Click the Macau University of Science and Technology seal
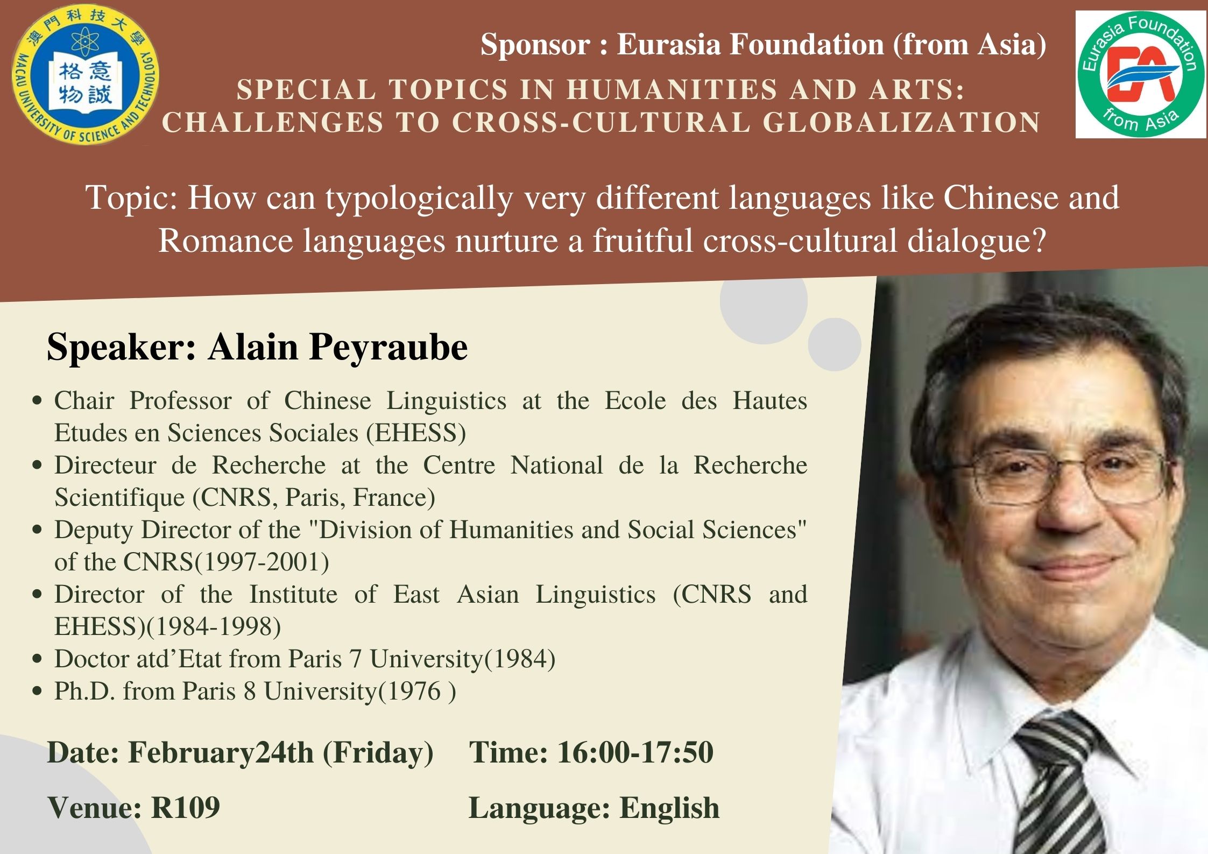point(86,74)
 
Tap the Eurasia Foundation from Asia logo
point(1140,75)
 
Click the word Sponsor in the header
point(535,44)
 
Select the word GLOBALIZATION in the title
point(902,122)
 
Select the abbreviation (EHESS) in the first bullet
point(416,433)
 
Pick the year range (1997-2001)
point(261,562)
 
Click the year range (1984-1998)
point(213,626)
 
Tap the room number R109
point(186,808)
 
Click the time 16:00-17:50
point(635,752)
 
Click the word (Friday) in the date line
point(378,753)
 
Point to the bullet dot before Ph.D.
point(37,691)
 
